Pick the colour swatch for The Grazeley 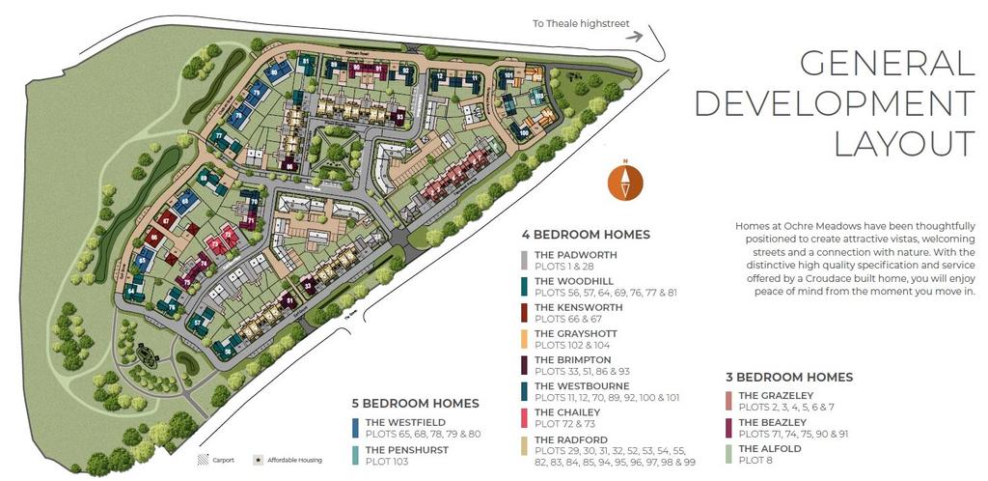[x=729, y=401]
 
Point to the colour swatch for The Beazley [x=729, y=428]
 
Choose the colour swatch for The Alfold [x=729, y=454]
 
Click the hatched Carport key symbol [x=204, y=460]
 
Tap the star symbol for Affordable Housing [x=259, y=460]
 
